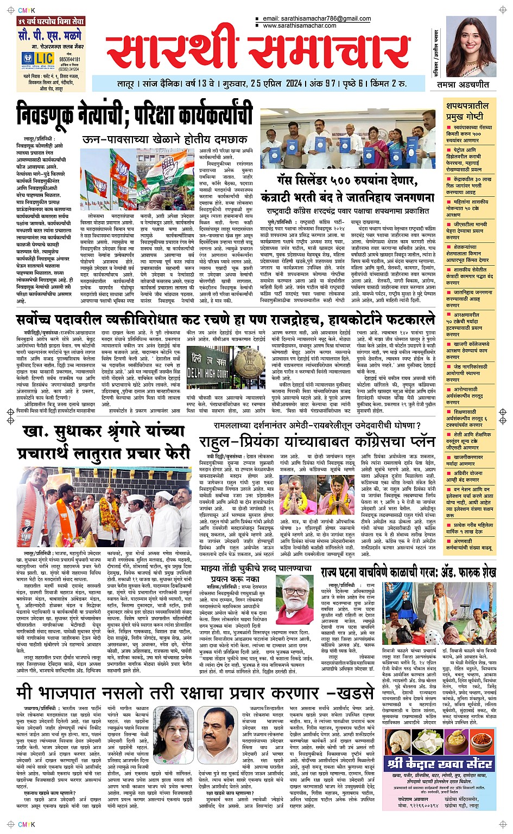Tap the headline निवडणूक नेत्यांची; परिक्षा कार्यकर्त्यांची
(134, 113)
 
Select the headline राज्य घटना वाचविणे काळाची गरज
(408, 572)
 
